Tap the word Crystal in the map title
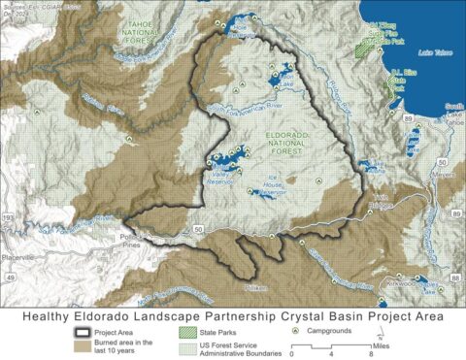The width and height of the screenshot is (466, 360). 288,315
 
